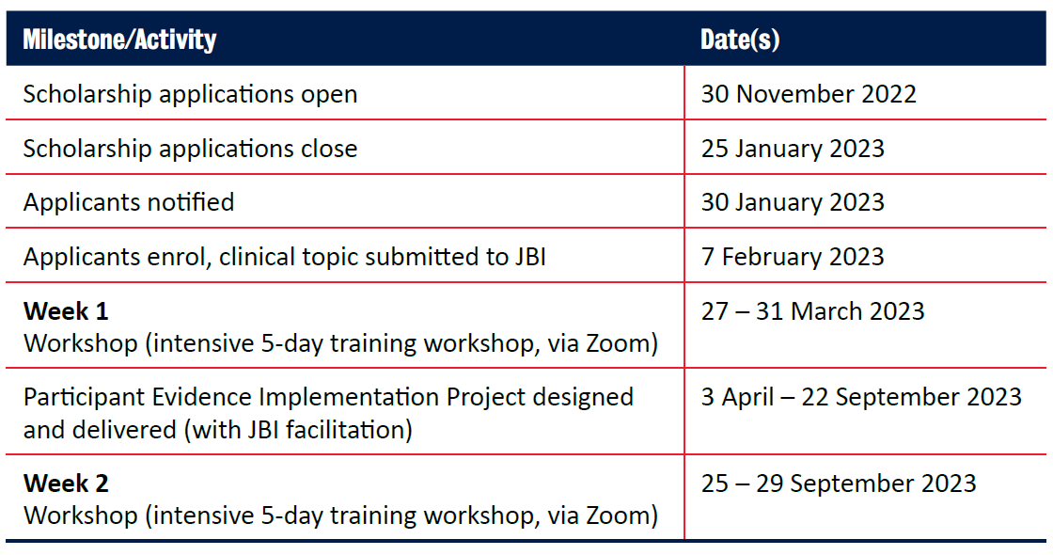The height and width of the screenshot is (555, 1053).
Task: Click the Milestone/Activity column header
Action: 119,40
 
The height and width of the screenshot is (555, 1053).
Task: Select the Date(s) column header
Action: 740,40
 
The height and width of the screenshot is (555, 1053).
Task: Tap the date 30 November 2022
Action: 809,94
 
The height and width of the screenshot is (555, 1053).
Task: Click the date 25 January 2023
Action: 793,149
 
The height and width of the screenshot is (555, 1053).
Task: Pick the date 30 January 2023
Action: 793,202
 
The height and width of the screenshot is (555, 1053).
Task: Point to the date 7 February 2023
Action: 793,257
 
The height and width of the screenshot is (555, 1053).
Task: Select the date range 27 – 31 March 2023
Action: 812,311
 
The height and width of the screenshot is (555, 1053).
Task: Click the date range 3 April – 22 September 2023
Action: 861,397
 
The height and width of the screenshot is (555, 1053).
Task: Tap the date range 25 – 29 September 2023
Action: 839,484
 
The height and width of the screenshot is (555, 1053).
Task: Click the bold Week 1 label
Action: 66,311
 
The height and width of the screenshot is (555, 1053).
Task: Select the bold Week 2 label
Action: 66,484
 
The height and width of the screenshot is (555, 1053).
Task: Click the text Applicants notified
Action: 129,202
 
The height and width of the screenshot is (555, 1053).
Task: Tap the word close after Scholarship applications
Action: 329,149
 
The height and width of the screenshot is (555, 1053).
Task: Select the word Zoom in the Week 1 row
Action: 617,343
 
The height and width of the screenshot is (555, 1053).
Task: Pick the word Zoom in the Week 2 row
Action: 617,516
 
